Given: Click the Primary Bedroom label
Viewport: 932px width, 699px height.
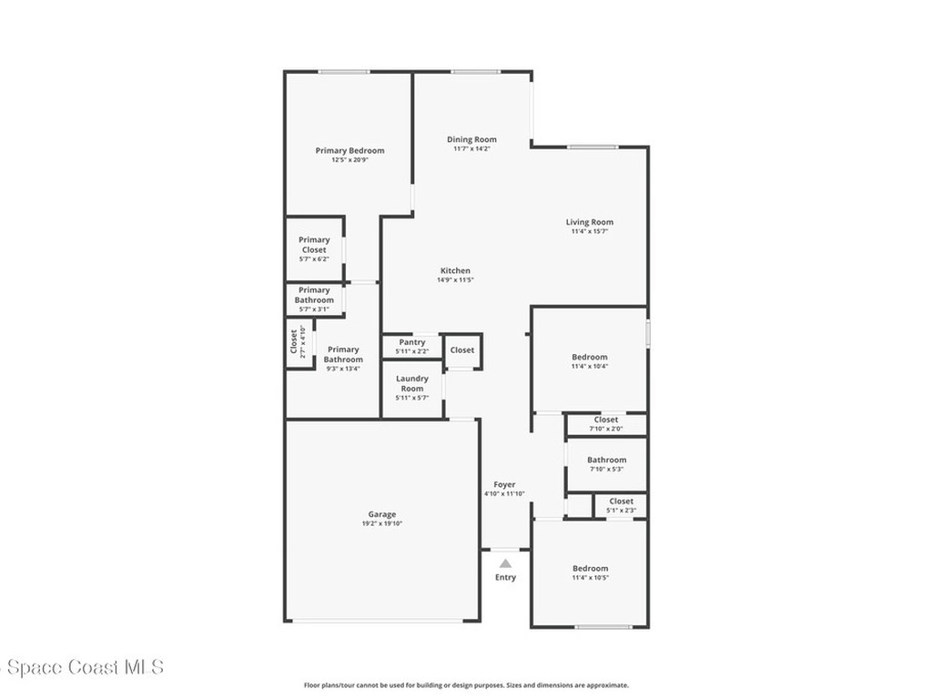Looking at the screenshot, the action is (349, 151).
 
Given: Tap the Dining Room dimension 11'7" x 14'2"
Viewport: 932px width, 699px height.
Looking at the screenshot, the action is (472, 148).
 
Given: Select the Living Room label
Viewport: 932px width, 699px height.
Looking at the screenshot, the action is (590, 222).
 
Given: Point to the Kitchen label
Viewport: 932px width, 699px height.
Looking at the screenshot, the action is (455, 270).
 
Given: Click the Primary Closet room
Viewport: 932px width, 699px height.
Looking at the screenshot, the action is (314, 249).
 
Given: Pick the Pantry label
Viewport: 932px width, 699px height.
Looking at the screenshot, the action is (412, 342).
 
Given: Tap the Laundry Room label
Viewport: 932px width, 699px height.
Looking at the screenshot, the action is (412, 383).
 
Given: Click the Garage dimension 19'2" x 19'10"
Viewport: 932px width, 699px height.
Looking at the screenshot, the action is (382, 523).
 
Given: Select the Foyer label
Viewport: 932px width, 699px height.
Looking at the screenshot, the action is (504, 484).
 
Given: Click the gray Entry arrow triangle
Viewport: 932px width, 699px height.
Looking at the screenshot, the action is (505, 563).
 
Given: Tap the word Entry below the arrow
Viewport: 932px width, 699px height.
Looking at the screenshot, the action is (505, 577).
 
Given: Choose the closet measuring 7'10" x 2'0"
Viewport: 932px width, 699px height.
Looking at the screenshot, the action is (606, 424).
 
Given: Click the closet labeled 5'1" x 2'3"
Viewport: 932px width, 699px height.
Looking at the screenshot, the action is (621, 506).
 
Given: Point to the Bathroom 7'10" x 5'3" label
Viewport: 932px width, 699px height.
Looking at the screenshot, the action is (607, 463).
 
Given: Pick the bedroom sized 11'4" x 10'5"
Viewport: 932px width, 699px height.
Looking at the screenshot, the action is (590, 573).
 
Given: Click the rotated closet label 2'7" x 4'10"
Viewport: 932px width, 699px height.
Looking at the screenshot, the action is (298, 342).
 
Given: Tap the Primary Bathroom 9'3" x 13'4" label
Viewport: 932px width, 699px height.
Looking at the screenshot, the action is (343, 359).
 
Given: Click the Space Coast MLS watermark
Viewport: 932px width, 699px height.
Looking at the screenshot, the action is (82, 667).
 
